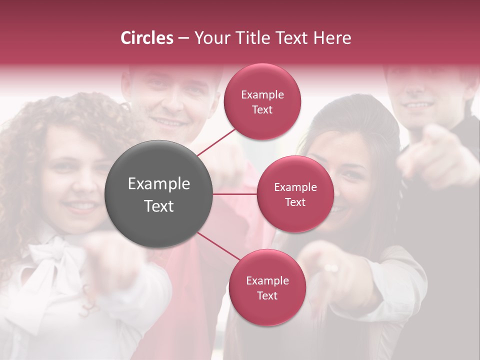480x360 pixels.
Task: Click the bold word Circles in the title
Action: click(x=147, y=38)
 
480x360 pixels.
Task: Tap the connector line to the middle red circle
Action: click(x=235, y=194)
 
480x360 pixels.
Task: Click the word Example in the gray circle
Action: click(x=159, y=184)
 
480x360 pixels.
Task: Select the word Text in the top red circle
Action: click(x=262, y=110)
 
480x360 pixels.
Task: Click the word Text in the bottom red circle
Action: click(x=267, y=295)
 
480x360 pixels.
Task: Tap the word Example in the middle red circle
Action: click(x=295, y=187)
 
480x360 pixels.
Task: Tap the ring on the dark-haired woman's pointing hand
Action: click(x=331, y=268)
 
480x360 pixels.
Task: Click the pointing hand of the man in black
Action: click(x=430, y=150)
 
